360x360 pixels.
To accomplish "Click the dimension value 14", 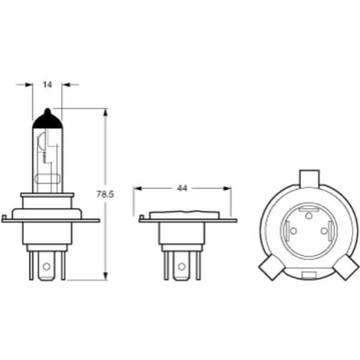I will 47,84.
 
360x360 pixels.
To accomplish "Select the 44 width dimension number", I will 182,189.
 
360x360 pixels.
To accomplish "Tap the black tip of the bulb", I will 47,119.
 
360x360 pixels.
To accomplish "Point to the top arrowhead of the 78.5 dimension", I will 106,112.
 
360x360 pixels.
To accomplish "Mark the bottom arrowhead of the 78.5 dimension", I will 106,275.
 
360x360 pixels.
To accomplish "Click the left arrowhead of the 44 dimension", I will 137,189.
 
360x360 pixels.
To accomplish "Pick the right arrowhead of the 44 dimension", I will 227,189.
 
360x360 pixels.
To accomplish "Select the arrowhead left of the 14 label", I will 29,84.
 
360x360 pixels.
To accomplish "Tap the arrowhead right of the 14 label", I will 66,84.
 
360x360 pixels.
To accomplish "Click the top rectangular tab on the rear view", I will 309,177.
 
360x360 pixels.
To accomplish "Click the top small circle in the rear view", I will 309,216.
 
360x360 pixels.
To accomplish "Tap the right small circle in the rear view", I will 324,231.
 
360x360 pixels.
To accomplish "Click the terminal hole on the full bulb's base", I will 46,266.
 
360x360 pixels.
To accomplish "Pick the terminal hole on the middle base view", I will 181,266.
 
